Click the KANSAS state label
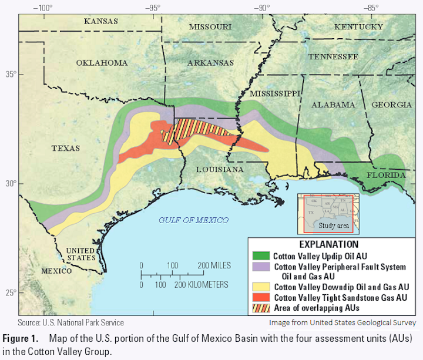tap(101, 22)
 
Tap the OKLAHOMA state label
tap(102, 63)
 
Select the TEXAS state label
tap(65, 149)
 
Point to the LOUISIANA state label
tap(220, 170)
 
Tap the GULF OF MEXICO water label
tap(193, 220)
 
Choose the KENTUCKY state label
tap(358, 27)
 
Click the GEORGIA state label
tap(391, 105)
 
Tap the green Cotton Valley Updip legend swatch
tap(260, 257)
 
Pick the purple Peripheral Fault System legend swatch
tap(260, 267)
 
